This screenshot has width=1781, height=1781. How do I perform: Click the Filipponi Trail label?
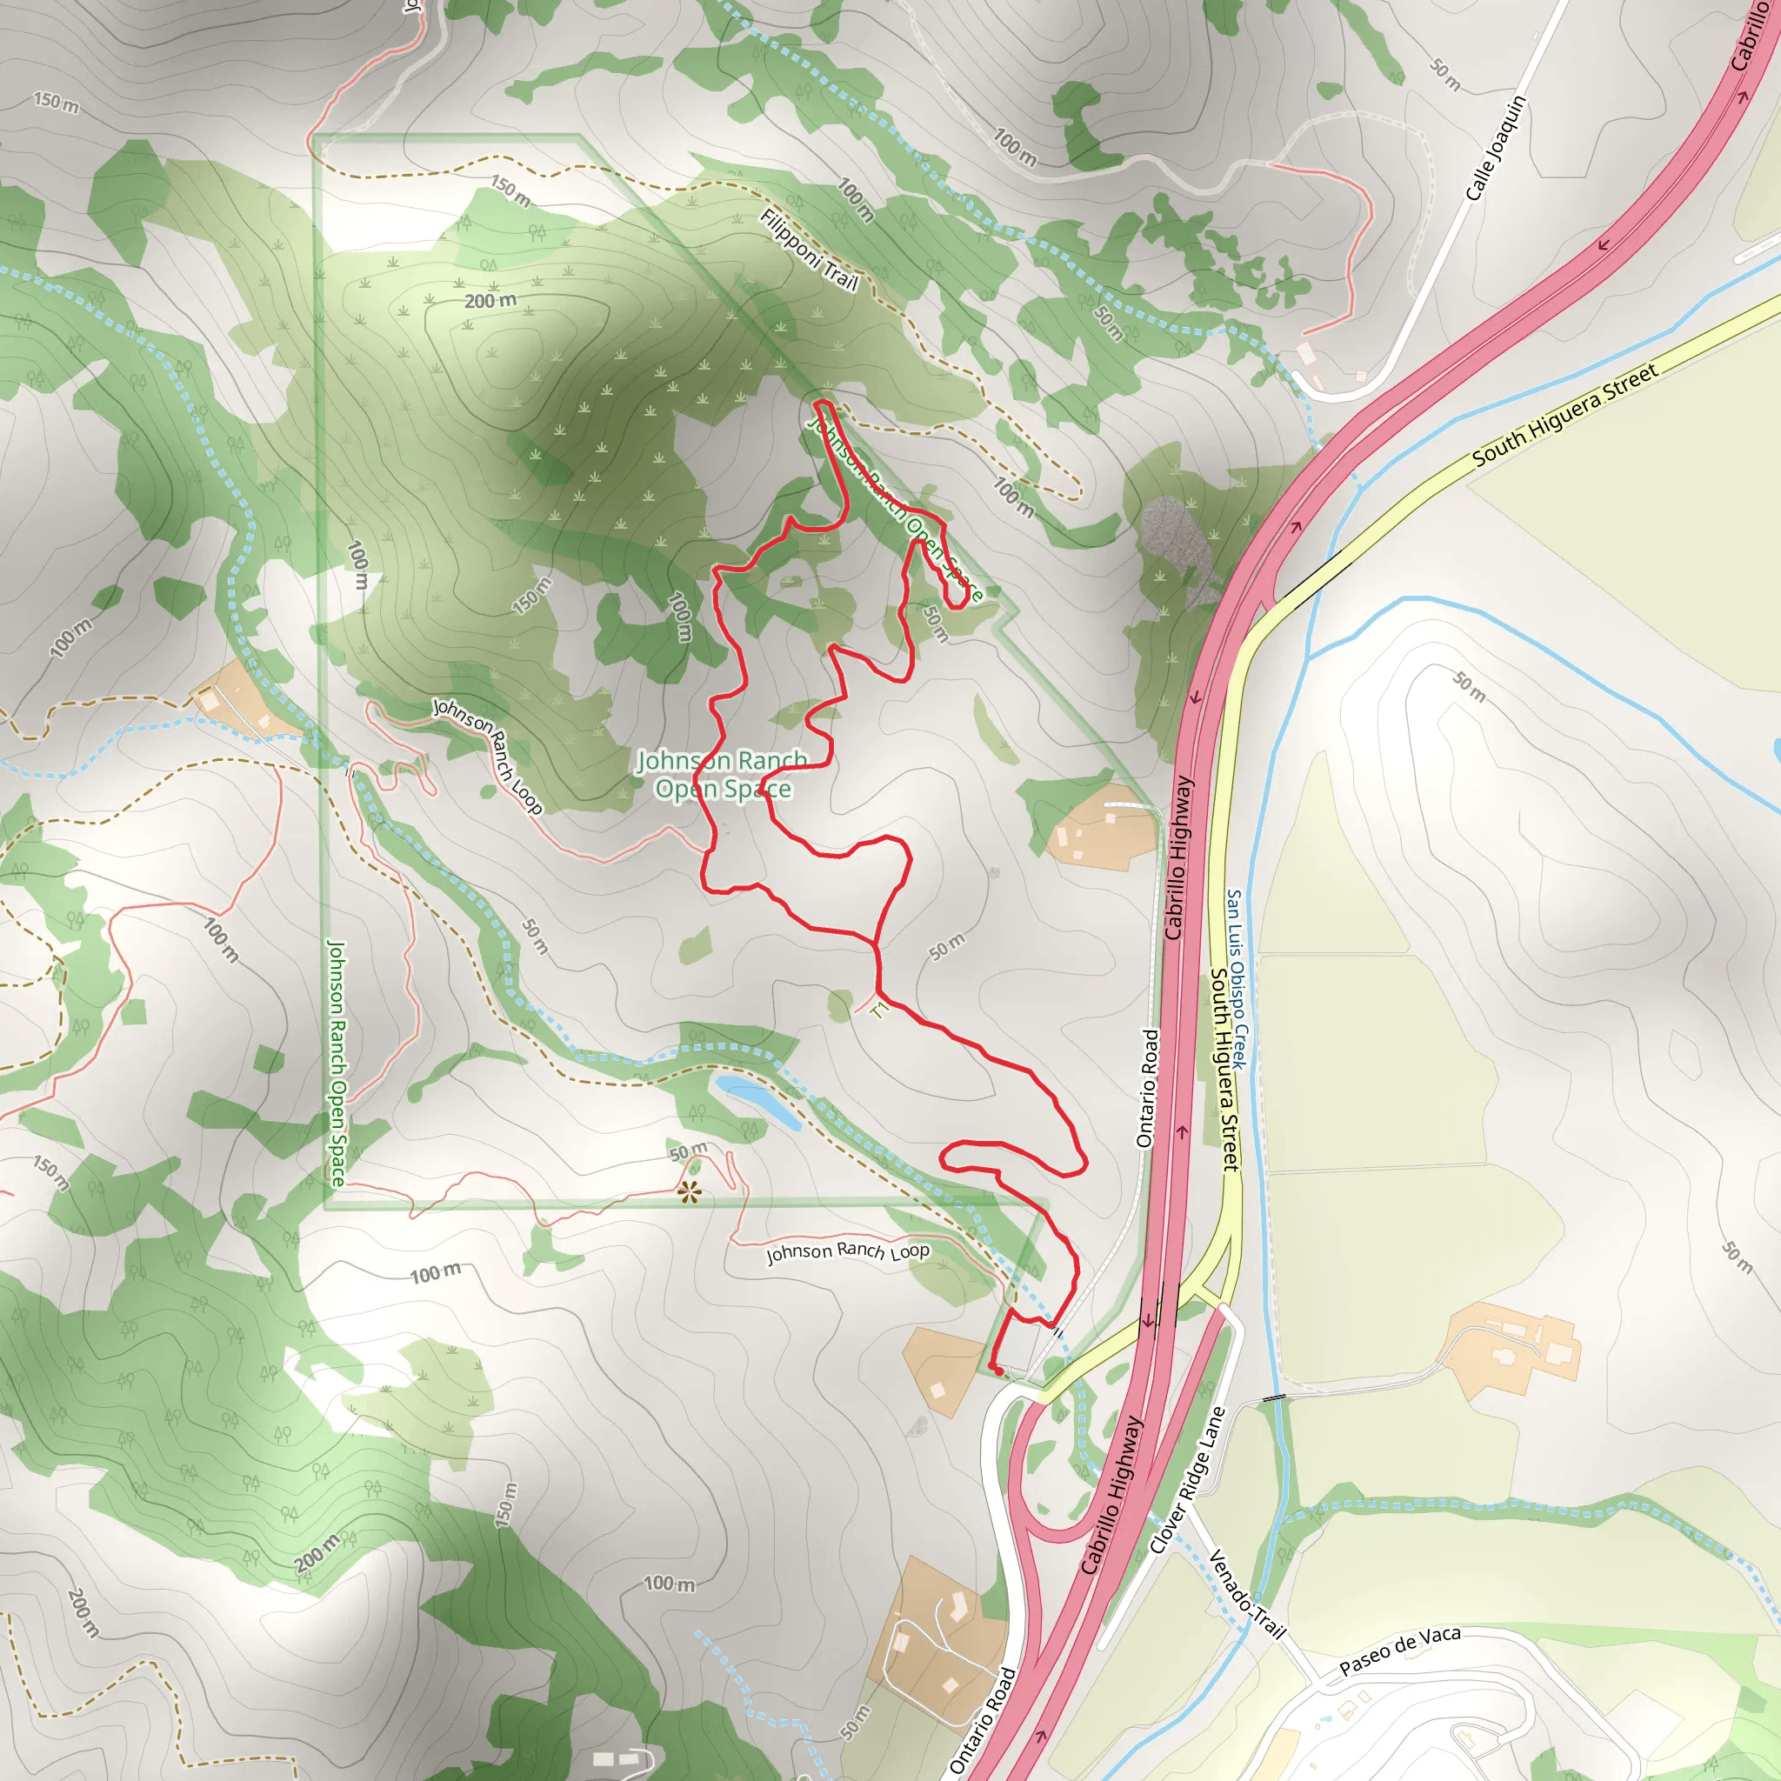(810, 250)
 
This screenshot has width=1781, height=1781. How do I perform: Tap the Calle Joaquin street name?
(1495, 148)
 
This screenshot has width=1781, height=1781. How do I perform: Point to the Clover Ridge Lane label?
(1188, 1479)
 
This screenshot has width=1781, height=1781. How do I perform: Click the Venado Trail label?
(1246, 1594)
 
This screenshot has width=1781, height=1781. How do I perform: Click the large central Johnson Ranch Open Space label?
(723, 774)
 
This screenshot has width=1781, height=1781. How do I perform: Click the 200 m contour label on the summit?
(490, 302)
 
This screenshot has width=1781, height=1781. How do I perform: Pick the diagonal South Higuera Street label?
(1564, 414)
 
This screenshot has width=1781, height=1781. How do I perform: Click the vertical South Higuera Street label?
(1224, 1069)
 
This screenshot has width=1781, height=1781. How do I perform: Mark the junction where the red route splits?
(874, 943)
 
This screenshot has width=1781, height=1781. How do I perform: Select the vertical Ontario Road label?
(1147, 1088)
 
